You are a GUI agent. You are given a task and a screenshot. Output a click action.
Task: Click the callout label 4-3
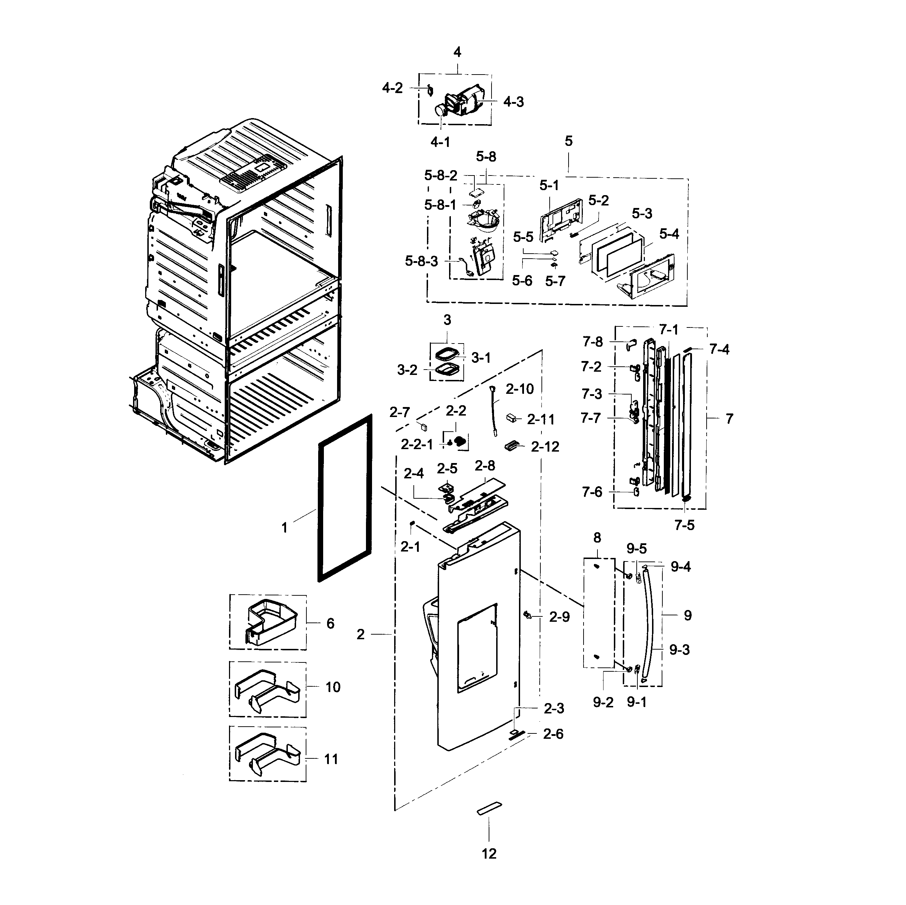pos(514,102)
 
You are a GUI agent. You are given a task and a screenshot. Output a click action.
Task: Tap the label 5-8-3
pos(421,261)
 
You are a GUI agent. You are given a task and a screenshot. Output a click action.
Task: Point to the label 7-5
pos(684,525)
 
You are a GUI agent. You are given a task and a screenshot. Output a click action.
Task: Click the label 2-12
pos(545,447)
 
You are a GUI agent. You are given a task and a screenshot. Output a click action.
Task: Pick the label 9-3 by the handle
pos(679,650)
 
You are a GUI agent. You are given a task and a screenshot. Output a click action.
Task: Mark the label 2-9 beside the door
pos(559,617)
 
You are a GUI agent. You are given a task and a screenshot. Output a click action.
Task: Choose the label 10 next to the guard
pos(332,687)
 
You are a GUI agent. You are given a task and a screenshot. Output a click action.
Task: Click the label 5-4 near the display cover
pos(669,234)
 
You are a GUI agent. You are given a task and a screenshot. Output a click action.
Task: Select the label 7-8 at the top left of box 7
pos(593,342)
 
